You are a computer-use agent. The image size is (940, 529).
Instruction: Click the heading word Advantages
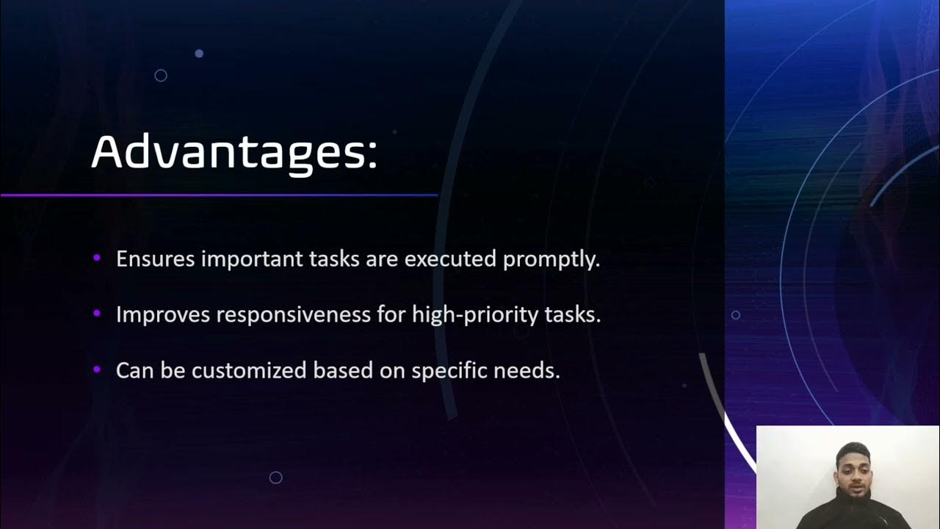[227, 152]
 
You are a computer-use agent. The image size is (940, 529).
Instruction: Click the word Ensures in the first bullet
[156, 259]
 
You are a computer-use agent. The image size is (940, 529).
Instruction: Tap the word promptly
[551, 260]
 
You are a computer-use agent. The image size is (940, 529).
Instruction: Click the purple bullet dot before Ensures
[97, 258]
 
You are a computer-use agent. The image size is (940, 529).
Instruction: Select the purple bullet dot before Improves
[97, 314]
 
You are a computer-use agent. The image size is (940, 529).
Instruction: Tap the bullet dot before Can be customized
[97, 369]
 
